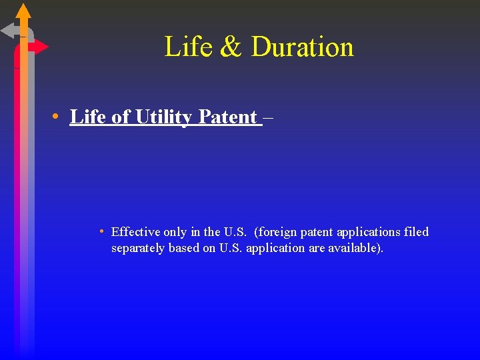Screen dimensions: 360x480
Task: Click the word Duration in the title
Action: coord(302,47)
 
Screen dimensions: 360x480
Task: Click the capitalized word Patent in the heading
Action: coord(227,117)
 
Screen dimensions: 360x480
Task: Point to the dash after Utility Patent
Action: coord(268,118)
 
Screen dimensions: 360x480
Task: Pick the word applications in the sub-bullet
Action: coord(369,232)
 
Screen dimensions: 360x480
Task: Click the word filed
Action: coord(417,232)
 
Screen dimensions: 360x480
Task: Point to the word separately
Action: coord(137,249)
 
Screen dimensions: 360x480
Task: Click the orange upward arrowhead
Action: coord(23,11)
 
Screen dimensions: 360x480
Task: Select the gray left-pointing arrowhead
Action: coord(9,30)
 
